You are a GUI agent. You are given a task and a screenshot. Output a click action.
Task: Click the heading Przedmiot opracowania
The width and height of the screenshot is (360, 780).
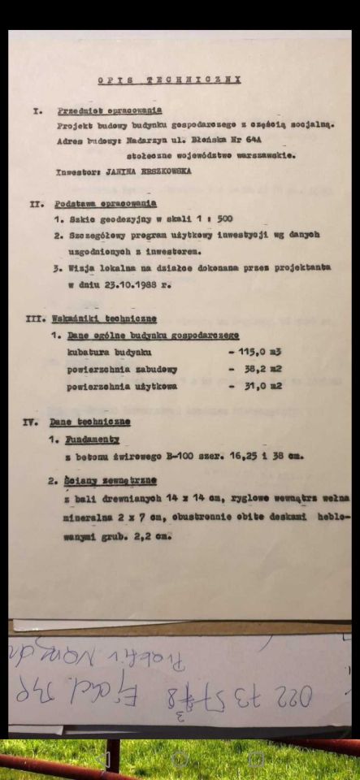click(x=109, y=110)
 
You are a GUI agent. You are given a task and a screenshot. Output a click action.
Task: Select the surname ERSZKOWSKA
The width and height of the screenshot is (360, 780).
click(x=159, y=171)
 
